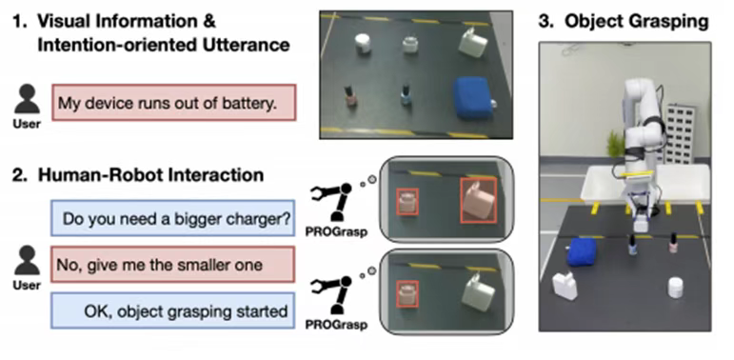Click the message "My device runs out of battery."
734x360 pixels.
[173, 103]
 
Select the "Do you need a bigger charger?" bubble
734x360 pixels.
[172, 218]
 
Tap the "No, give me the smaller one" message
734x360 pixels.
[172, 265]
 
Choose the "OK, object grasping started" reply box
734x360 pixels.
[172, 310]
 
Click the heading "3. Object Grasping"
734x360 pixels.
[623, 21]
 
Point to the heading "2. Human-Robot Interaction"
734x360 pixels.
[138, 174]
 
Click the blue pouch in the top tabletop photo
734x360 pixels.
[474, 97]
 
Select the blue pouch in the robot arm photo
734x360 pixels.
[582, 251]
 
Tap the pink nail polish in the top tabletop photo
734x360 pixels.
[349, 96]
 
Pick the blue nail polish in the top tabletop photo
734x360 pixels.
[407, 95]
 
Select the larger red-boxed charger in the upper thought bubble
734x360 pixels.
[478, 200]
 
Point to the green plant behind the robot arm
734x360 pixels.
[615, 144]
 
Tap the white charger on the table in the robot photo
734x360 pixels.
[565, 286]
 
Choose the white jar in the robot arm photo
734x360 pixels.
[676, 287]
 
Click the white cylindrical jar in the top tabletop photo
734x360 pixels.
[364, 44]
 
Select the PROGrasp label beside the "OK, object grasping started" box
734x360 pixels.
[336, 325]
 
